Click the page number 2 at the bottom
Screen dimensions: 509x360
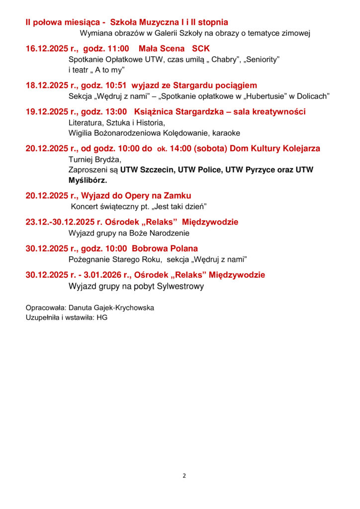point(184,476)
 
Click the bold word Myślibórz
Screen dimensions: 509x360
point(88,180)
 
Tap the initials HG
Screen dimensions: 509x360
point(102,317)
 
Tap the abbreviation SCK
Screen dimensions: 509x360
point(201,49)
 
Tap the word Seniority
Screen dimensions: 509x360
point(261,59)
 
